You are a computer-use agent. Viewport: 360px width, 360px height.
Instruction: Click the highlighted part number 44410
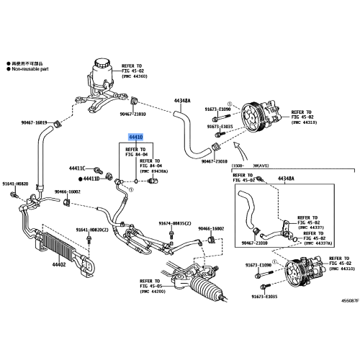(135, 136)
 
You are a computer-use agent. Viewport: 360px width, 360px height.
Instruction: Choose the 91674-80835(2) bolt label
(174, 223)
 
